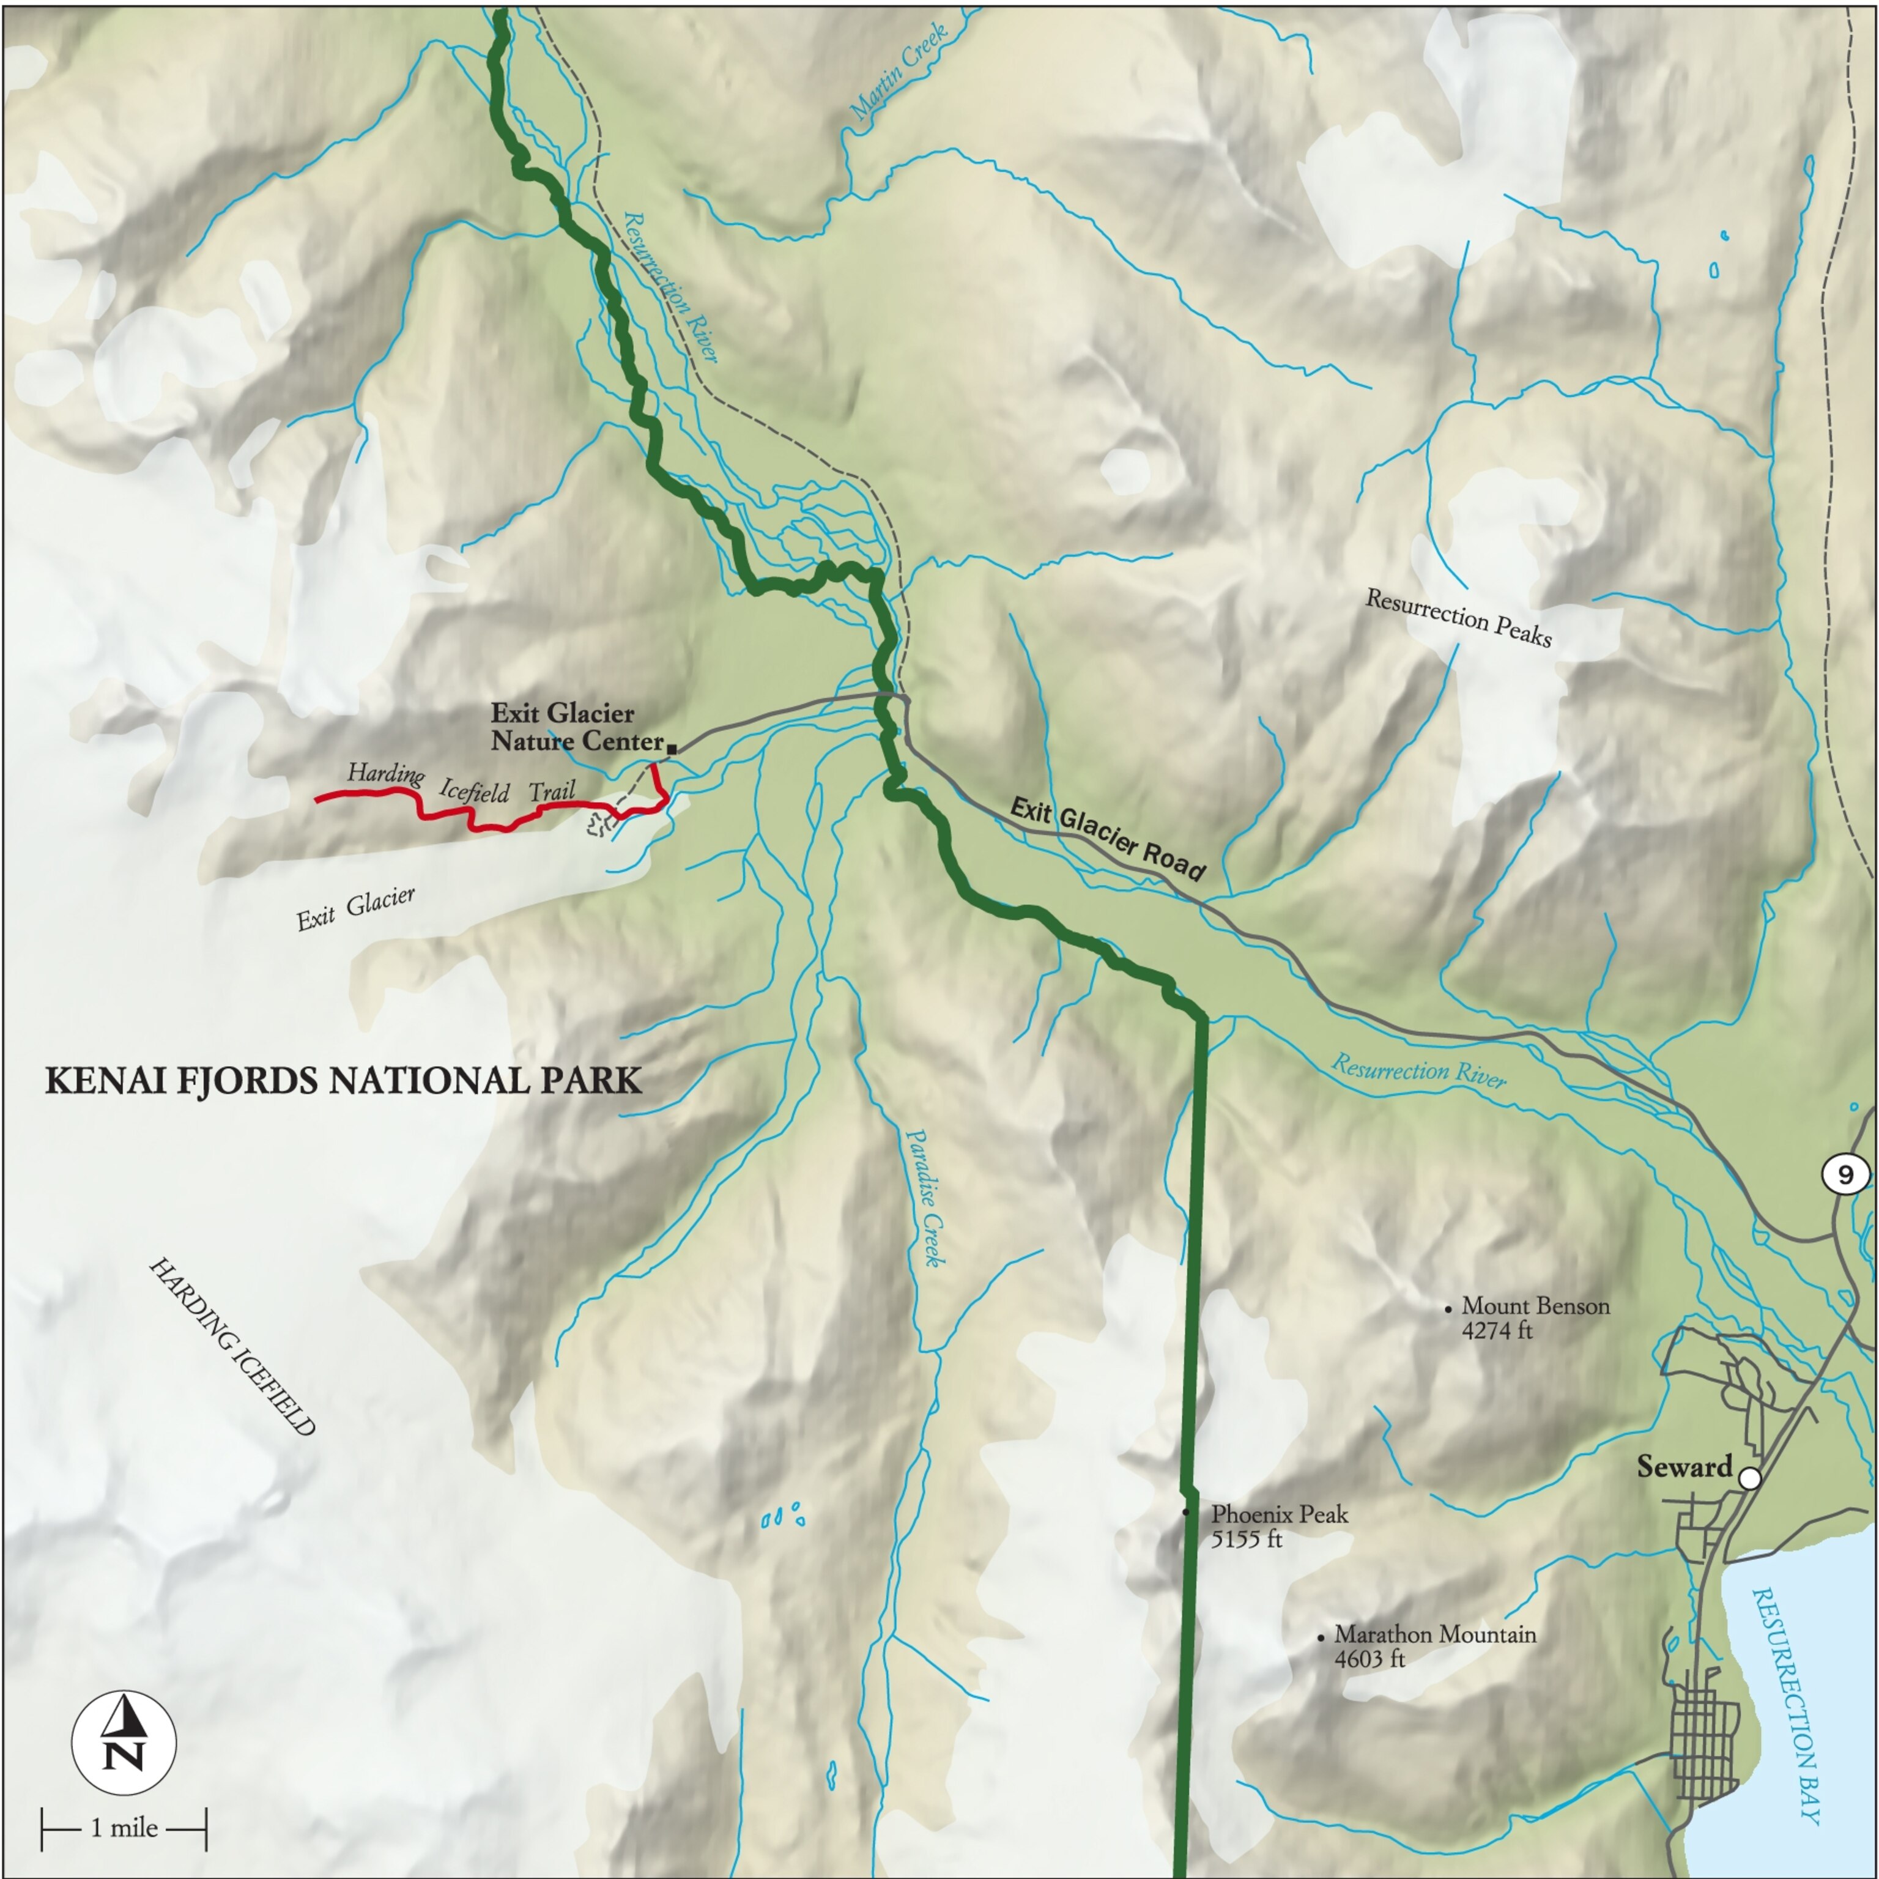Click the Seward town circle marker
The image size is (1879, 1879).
coord(1750,1478)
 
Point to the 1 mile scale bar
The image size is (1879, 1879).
coord(124,1828)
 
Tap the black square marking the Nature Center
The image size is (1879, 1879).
coord(672,748)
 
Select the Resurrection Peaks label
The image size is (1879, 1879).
coord(1459,618)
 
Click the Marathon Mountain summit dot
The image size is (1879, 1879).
coord(1321,1639)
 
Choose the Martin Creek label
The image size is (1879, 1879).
coord(900,73)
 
